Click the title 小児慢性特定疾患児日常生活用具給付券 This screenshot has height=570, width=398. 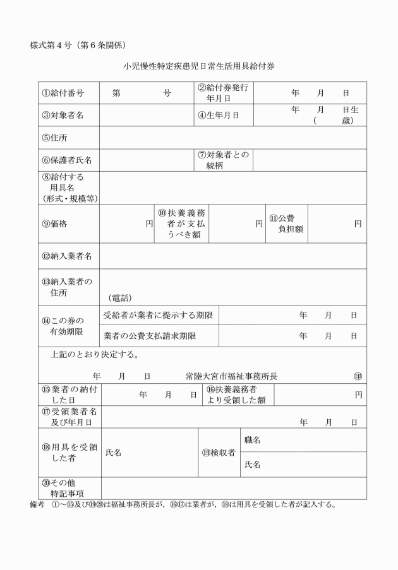[x=199, y=66]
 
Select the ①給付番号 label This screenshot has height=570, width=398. [x=63, y=93]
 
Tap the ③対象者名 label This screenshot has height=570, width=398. [x=63, y=115]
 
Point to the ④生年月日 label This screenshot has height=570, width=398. [x=219, y=115]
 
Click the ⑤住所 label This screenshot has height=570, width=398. [x=55, y=138]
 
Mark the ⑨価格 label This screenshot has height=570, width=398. [x=55, y=223]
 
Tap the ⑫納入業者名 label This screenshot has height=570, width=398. [x=67, y=256]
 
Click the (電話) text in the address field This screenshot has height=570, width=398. [x=120, y=297]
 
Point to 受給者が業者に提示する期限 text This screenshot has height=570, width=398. [x=158, y=315]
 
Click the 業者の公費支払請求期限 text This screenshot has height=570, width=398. [x=150, y=336]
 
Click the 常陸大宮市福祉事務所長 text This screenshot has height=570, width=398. [x=231, y=376]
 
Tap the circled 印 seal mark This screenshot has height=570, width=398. [x=358, y=376]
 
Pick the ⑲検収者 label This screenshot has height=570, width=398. [x=219, y=452]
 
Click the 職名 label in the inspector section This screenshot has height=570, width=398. [x=252, y=440]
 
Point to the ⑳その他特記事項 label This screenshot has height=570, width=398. [x=63, y=487]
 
